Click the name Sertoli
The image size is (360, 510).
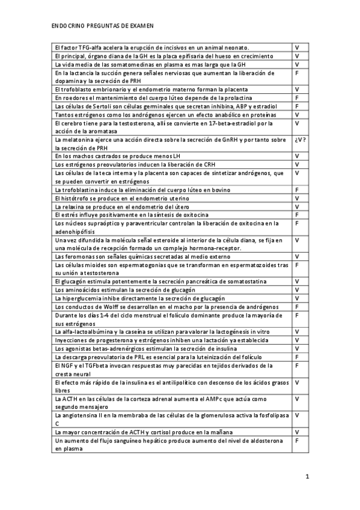click(x=89, y=106)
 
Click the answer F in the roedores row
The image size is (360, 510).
click(x=297, y=97)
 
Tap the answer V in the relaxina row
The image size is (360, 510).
click(x=297, y=206)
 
